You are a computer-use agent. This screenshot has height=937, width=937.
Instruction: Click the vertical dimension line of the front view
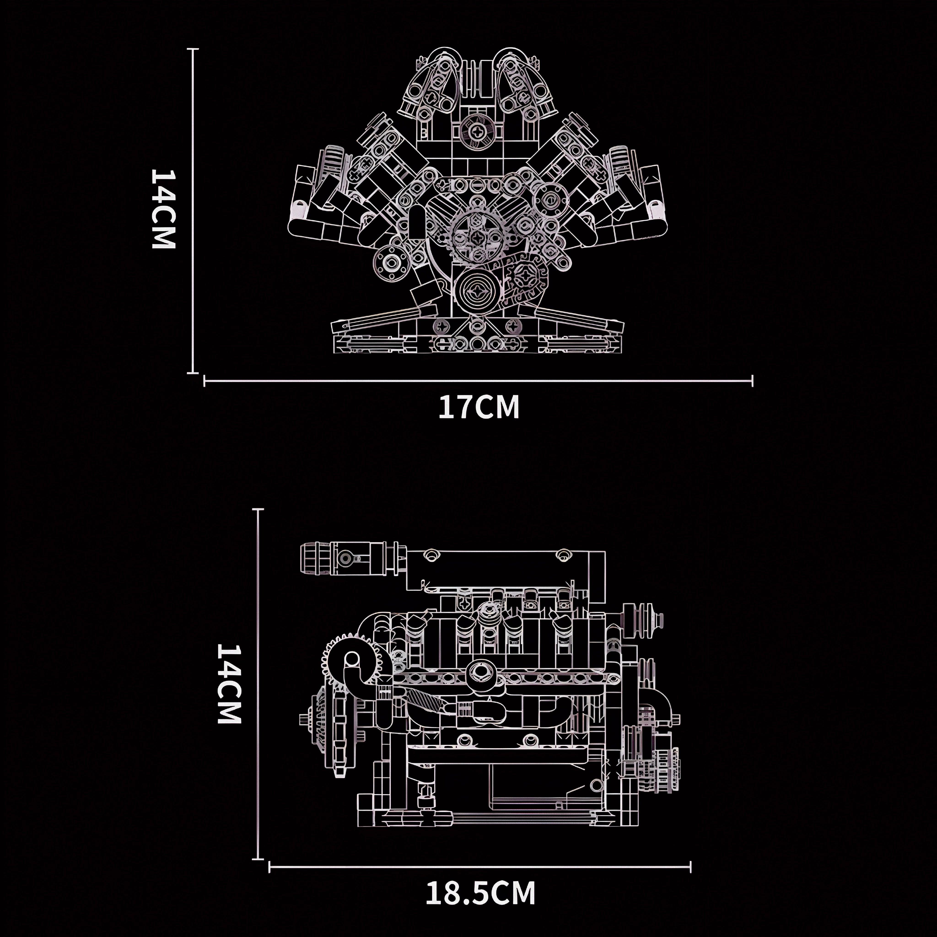194,211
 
